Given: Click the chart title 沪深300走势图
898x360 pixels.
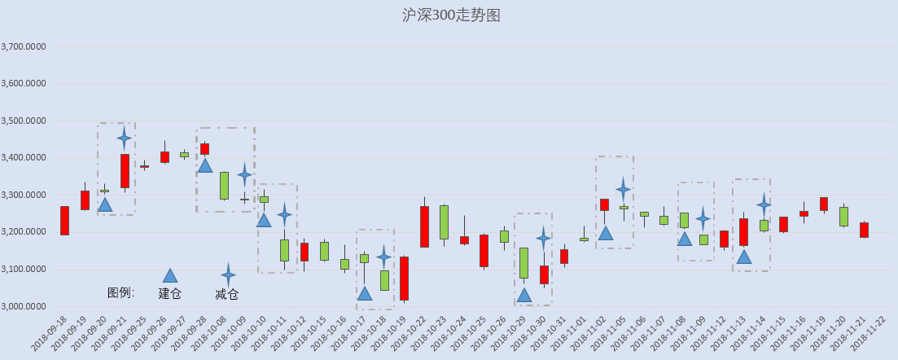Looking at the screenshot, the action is click(451, 15).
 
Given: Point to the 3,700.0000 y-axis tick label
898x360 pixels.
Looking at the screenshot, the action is click(24, 47).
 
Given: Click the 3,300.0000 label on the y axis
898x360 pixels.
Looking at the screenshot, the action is click(24, 195).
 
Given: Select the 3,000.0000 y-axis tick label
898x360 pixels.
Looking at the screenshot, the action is click(24, 307).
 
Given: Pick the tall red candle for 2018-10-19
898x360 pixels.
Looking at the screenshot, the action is click(405, 279).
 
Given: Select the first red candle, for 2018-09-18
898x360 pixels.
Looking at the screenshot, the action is click(64, 221).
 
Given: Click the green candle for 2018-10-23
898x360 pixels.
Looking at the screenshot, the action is click(444, 222).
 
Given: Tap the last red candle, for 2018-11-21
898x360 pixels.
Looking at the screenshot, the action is click(864, 230).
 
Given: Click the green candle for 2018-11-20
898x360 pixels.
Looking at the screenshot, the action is click(843, 217).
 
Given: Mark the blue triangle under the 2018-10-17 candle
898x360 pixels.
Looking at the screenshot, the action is click(364, 293).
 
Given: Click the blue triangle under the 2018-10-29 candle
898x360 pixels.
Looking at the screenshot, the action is click(524, 295).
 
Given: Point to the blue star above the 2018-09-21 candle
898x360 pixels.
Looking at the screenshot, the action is click(125, 138).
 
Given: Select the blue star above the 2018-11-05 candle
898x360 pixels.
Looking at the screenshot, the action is click(623, 189).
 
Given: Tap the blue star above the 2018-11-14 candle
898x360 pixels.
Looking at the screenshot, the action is click(764, 204).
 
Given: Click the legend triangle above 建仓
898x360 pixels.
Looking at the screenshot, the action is click(170, 276).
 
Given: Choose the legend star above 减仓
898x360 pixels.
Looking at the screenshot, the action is click(228, 275).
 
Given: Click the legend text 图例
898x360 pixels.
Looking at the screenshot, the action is click(120, 293).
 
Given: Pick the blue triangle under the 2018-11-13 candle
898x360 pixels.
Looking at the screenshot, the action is click(744, 257).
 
